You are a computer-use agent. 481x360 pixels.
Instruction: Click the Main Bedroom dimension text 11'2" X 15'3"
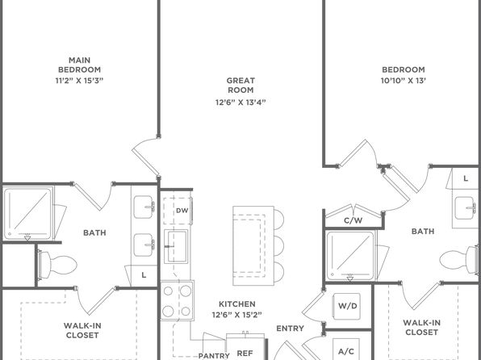pos(79,81)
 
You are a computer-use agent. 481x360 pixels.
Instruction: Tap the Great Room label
pos(240,86)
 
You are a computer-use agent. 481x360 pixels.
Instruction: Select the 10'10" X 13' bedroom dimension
pos(404,81)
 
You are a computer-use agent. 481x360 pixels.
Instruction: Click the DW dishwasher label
pos(182,211)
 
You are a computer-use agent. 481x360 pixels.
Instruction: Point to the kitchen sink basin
pos(176,246)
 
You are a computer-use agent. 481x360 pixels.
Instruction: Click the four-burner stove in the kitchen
pos(177,300)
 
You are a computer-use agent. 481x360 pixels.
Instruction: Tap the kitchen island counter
pos(253,246)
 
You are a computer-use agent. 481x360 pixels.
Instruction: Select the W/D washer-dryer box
pos(347,306)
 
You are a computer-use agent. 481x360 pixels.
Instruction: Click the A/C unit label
pos(346,351)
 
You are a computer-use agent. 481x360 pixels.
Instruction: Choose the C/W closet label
pos(353,220)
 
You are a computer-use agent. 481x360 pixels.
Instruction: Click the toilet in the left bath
pos(57,265)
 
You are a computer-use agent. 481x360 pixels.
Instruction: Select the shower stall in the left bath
pos(28,213)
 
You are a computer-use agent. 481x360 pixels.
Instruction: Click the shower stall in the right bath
pos(350,256)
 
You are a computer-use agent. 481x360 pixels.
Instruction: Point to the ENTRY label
pos(290,329)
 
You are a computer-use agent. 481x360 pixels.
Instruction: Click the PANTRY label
pos(214,356)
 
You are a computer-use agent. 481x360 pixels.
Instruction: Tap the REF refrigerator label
pos(245,354)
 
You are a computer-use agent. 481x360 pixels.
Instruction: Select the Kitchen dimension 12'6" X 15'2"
pos(236,315)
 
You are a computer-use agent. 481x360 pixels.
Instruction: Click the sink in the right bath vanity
pos(466,207)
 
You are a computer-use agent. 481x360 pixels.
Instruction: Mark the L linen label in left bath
pos(144,275)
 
